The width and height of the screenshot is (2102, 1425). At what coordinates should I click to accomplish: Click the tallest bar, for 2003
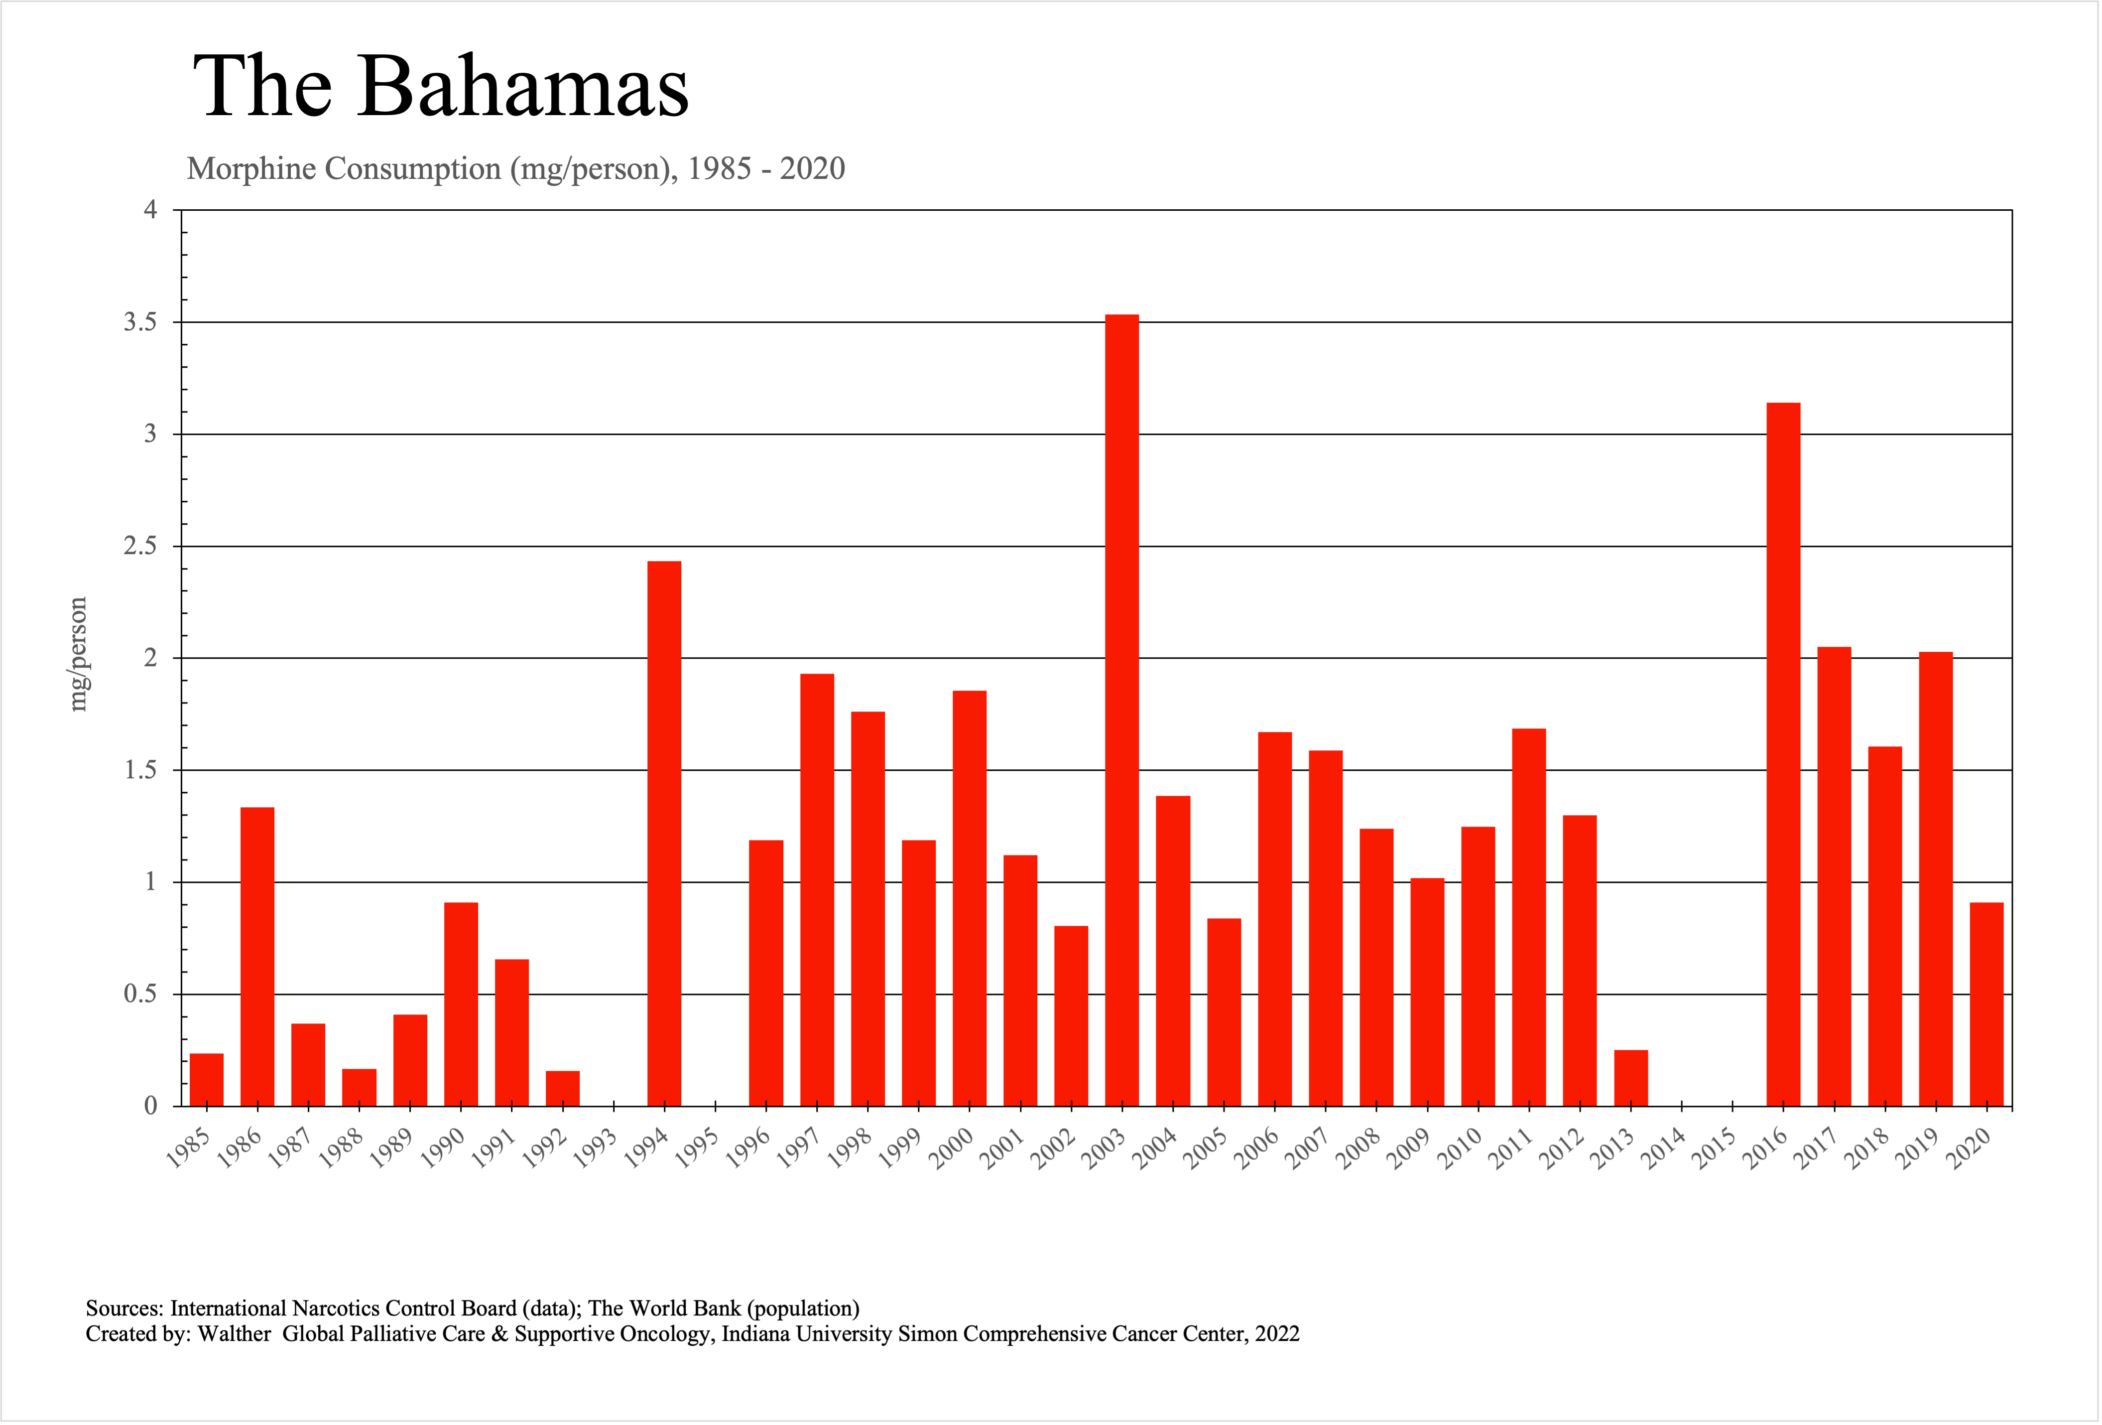(1121, 710)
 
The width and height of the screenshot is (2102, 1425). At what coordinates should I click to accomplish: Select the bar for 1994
(664, 833)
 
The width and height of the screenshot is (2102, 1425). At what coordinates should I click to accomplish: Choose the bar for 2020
(1986, 1004)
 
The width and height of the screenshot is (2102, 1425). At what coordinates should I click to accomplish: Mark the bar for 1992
(563, 1088)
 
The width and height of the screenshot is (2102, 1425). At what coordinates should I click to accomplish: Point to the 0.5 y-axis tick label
(140, 995)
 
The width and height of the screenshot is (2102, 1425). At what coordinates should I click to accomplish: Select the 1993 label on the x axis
(595, 1149)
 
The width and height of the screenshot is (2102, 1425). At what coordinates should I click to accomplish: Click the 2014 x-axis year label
(1663, 1149)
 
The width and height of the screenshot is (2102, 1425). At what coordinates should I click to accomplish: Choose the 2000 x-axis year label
(952, 1149)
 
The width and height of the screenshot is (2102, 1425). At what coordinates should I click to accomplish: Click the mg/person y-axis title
(79, 654)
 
